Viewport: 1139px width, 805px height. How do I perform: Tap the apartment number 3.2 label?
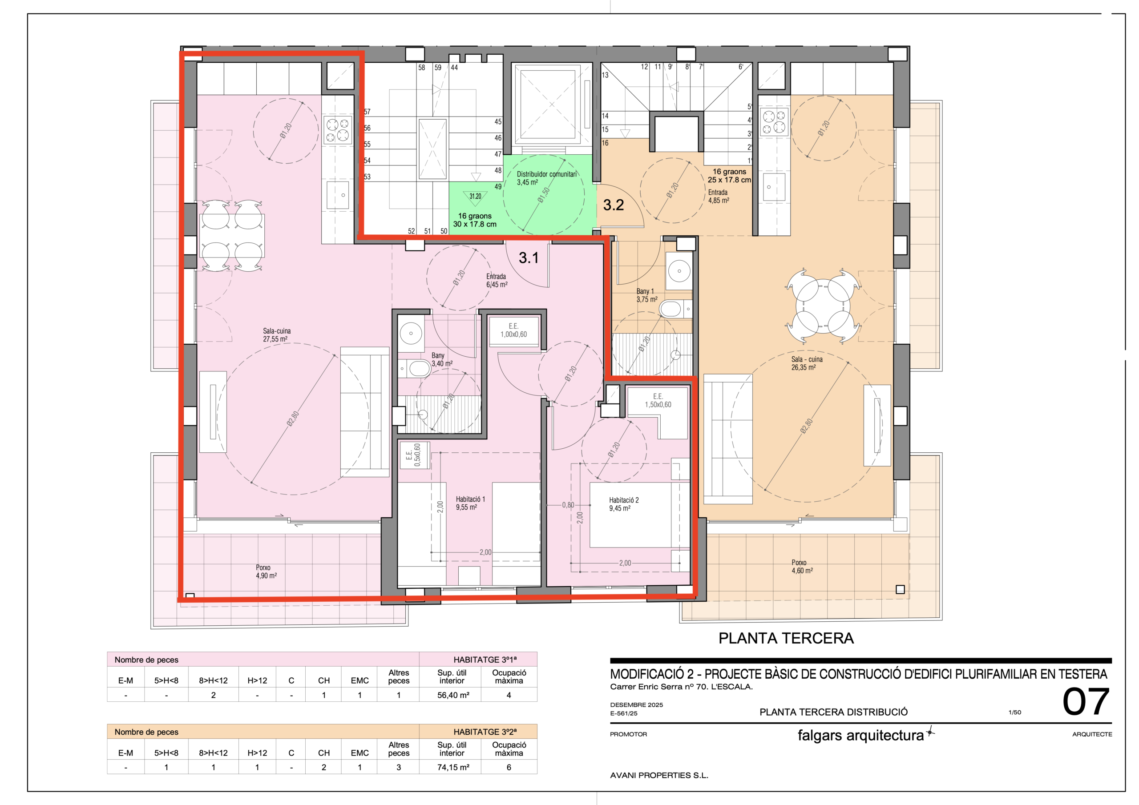pos(613,205)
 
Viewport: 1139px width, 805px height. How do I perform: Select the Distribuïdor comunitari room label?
pos(547,178)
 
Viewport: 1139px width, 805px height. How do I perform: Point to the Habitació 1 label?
pos(470,503)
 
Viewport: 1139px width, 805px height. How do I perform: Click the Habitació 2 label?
pos(624,504)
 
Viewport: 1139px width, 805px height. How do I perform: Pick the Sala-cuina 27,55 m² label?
pos(276,335)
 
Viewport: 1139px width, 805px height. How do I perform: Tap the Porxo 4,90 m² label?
pos(266,572)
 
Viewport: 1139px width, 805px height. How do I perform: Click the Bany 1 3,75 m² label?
pos(647,295)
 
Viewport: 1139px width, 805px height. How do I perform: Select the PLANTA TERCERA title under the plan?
pos(786,638)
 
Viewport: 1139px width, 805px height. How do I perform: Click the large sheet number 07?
pos(1086,702)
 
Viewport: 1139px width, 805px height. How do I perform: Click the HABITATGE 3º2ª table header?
pos(485,732)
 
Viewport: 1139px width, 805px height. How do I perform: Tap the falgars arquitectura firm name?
pos(860,735)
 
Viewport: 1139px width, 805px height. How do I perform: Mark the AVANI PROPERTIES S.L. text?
pos(659,775)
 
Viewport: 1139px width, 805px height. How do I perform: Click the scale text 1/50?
pos(1014,712)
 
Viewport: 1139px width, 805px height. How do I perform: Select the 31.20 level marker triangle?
pos(475,197)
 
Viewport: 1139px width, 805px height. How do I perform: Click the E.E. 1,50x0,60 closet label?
pos(658,400)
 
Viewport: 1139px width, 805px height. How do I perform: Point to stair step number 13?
pos(605,75)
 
